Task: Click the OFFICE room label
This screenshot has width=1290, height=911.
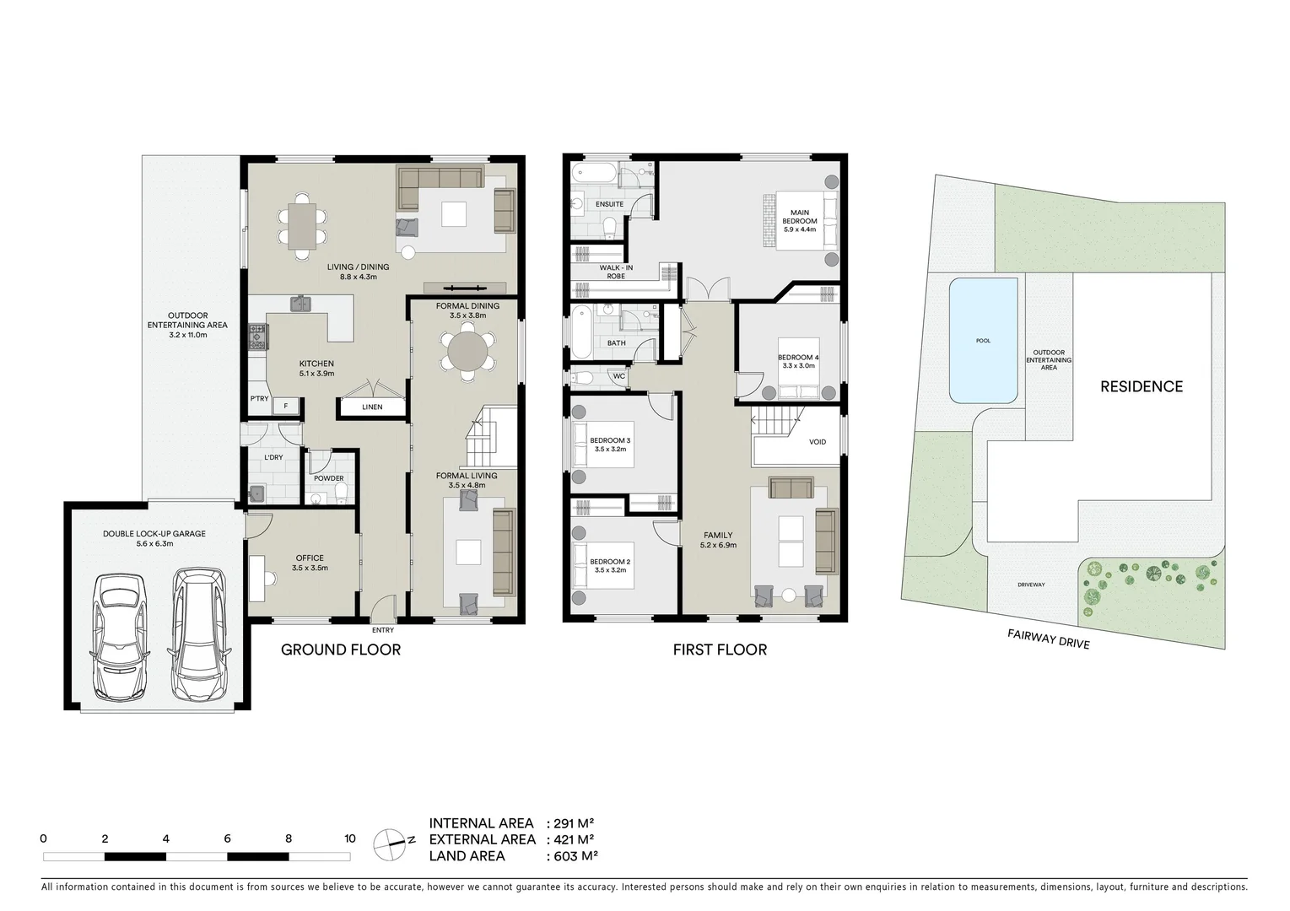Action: click(x=310, y=558)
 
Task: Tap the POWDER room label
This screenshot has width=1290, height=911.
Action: click(x=329, y=478)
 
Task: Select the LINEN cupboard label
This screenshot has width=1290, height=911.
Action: click(x=372, y=407)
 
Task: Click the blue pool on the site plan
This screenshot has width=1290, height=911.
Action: click(x=983, y=341)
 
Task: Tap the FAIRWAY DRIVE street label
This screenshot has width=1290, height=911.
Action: click(x=1048, y=639)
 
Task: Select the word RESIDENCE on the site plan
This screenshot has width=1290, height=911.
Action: click(x=1141, y=386)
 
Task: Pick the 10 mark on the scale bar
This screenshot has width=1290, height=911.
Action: click(x=350, y=838)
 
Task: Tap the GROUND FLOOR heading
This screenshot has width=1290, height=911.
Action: click(x=340, y=650)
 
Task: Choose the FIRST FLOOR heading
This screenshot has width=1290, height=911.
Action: click(x=719, y=650)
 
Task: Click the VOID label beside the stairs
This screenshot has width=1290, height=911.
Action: click(x=818, y=442)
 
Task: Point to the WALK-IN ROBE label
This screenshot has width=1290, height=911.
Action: click(x=616, y=272)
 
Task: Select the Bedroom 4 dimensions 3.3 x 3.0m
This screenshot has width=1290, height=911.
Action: click(x=798, y=366)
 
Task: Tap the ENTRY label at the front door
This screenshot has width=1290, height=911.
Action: click(x=382, y=630)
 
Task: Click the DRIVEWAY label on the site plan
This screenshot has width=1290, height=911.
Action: click(x=1031, y=585)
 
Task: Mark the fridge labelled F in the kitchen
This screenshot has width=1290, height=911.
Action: click(x=286, y=406)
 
